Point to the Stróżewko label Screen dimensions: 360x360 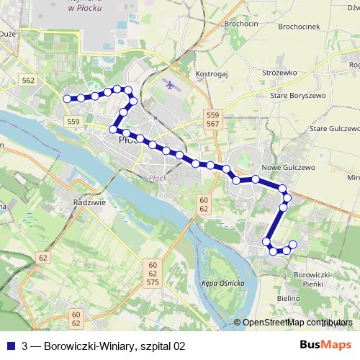pos(282,73)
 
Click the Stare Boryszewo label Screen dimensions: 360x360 pos(298,95)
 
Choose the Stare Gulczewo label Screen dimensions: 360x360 pos(333,128)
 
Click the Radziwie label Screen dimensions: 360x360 pos(90,202)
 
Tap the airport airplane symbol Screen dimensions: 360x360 pos(171,84)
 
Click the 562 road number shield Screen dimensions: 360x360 pos(29,81)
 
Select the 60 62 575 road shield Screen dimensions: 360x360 pos(152,274)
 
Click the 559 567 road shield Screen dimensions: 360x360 pos(212,120)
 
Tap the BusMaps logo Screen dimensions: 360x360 pos(325,346)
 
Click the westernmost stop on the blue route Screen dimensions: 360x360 pos(67,99)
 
